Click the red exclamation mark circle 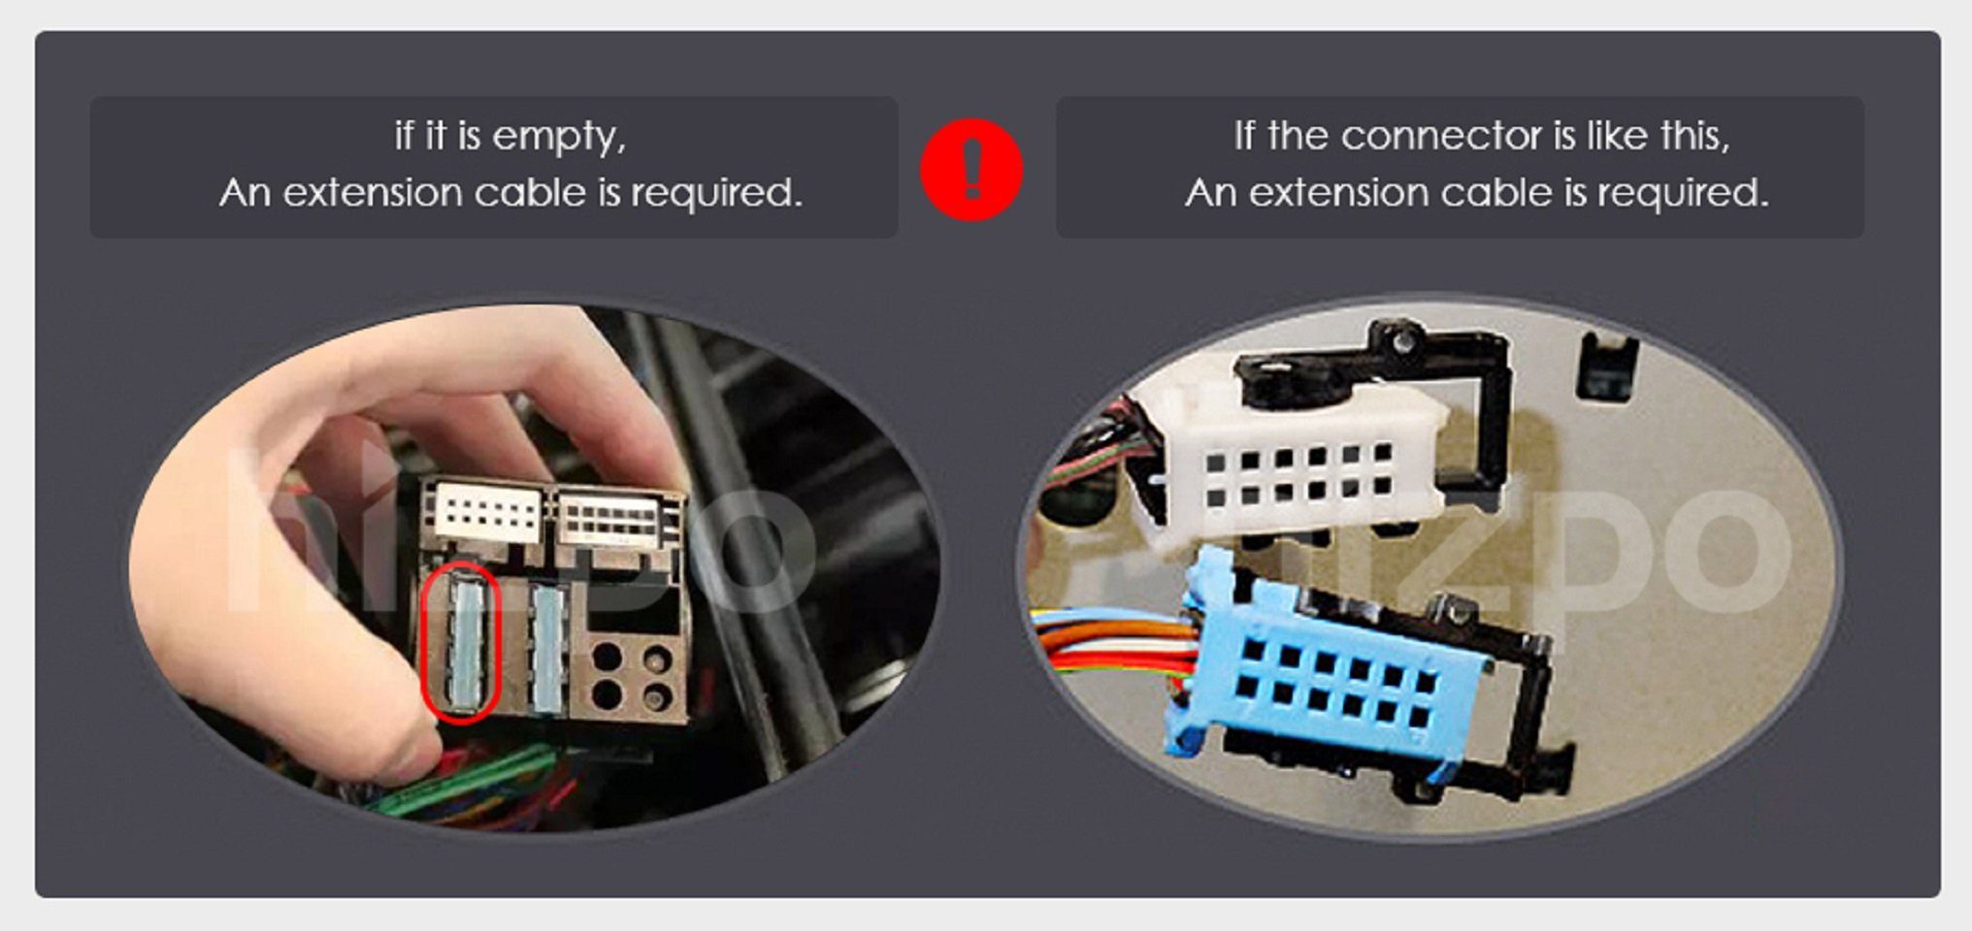point(970,170)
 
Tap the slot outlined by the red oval point(461,641)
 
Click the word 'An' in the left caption point(245,192)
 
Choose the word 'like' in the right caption point(1617,136)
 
